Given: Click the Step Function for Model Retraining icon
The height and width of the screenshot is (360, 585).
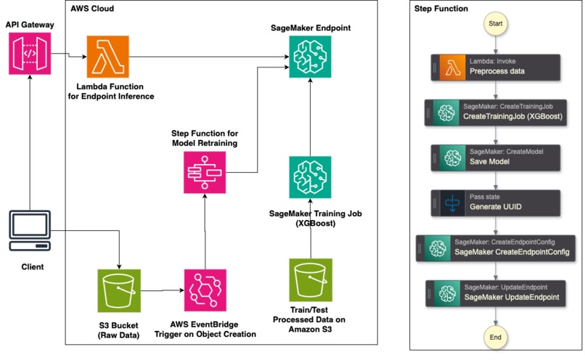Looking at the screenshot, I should click(205, 172).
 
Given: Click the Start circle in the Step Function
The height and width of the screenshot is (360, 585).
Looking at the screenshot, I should click(496, 24).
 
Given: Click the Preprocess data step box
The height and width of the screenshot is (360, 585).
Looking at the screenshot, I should click(496, 67).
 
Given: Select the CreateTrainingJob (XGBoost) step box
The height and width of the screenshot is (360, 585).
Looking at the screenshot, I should click(496, 113).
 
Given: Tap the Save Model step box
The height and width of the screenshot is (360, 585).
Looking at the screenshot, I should click(496, 158).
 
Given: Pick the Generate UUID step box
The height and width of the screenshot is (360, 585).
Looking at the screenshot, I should click(496, 203).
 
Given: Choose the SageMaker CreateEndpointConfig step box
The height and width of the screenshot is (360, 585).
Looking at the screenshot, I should click(496, 248).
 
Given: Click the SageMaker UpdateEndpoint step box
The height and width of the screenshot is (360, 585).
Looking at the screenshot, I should click(496, 294).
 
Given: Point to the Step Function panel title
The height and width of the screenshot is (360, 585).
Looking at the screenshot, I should click(441, 9).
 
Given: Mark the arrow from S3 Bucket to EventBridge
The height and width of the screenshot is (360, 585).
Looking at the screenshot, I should click(161, 290).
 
